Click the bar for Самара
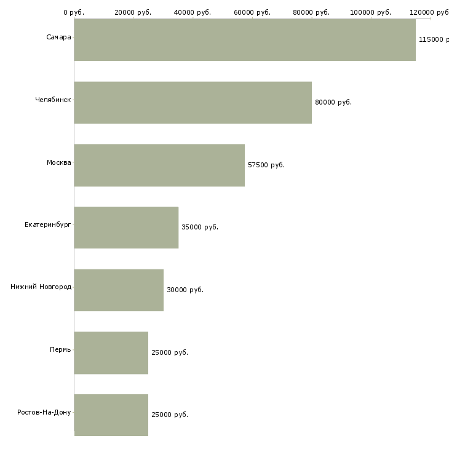(245, 40)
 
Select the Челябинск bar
(193, 103)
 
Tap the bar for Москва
(159, 165)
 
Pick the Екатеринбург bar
(126, 228)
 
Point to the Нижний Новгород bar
(119, 290)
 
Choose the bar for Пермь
(111, 353)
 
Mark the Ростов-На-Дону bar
(111, 415)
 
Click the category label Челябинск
(53, 100)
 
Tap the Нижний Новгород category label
(41, 287)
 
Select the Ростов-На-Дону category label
(44, 412)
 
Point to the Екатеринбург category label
(47, 224)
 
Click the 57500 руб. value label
(266, 165)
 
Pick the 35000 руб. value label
(200, 227)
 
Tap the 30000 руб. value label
(185, 290)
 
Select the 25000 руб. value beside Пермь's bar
(170, 352)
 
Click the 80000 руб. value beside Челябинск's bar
(333, 102)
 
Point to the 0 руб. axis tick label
(74, 12)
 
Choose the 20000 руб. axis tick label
(133, 12)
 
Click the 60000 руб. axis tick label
(252, 12)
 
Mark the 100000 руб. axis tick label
(370, 12)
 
